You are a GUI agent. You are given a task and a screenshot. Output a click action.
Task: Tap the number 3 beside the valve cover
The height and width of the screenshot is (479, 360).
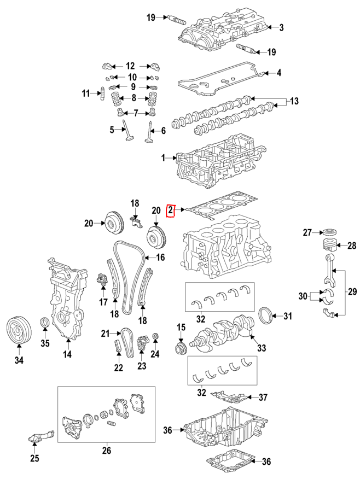click(x=282, y=27)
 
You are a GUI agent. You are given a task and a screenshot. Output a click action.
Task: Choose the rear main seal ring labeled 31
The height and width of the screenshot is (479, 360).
click(x=265, y=316)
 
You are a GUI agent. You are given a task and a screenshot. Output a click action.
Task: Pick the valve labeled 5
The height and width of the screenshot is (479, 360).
click(x=127, y=132)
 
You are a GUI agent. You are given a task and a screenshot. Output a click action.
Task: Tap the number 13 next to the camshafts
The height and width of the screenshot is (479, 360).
click(x=295, y=102)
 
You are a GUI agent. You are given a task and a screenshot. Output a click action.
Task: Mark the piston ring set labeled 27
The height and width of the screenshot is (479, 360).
click(x=330, y=232)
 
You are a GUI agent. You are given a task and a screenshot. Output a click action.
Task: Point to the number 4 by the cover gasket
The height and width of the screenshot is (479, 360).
click(x=278, y=73)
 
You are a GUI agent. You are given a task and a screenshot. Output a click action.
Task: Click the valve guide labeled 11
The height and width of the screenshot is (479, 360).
click(x=103, y=94)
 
